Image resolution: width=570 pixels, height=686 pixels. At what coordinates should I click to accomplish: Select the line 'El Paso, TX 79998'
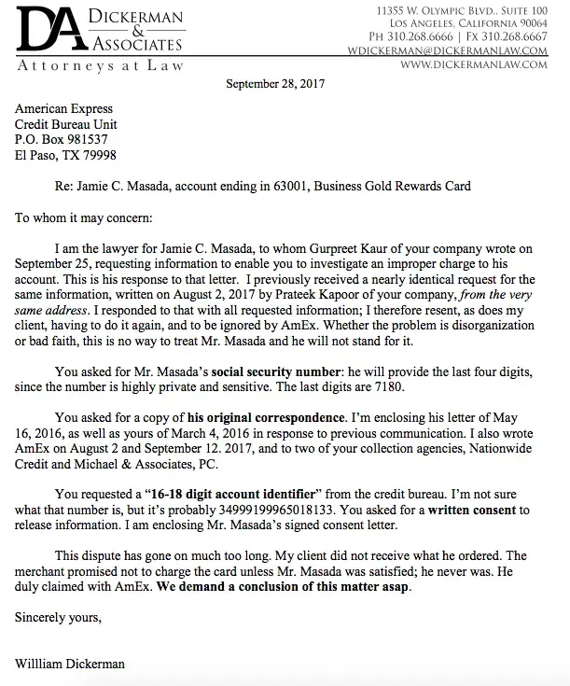66,155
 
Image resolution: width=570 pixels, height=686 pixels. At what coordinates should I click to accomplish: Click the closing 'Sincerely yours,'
58,617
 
